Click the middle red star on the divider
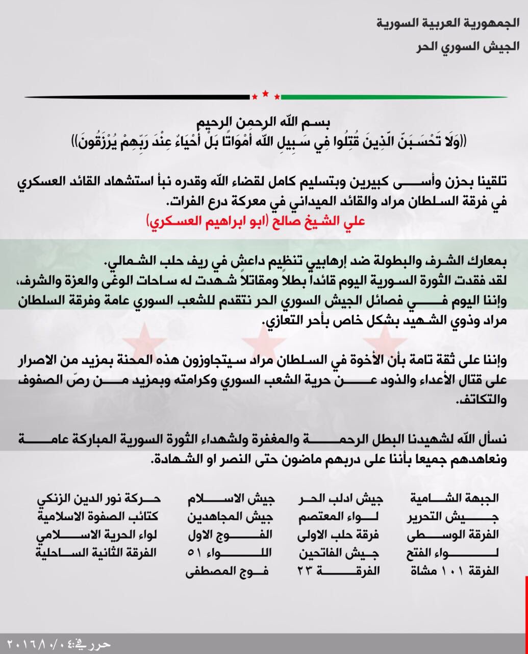click(265, 93)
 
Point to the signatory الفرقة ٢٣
click(339, 571)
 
